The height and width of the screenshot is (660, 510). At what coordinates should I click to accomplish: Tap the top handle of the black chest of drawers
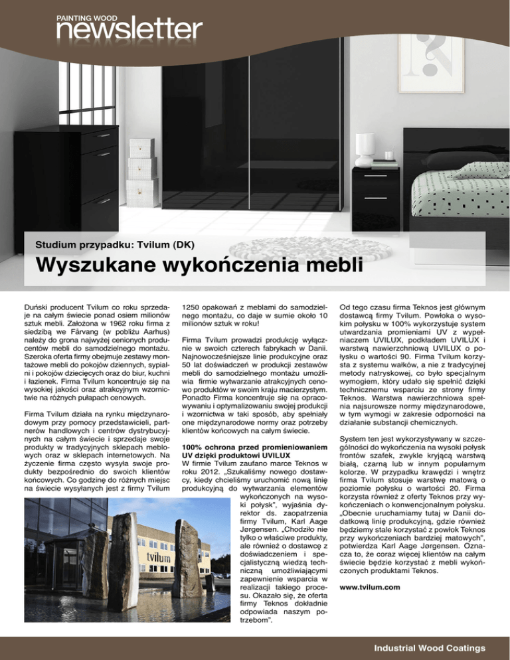[x=106, y=135]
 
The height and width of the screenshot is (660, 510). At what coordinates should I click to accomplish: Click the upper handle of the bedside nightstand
[x=376, y=176]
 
